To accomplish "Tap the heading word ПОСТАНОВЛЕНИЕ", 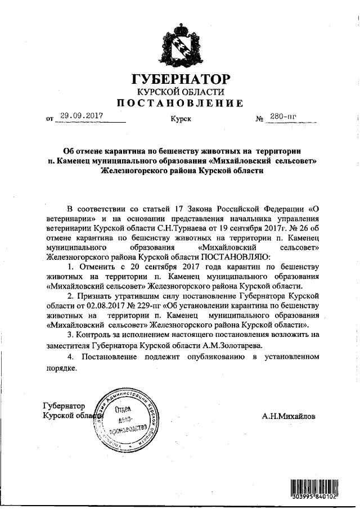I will click(x=180, y=103).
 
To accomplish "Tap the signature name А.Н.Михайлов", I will click(x=289, y=417).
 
